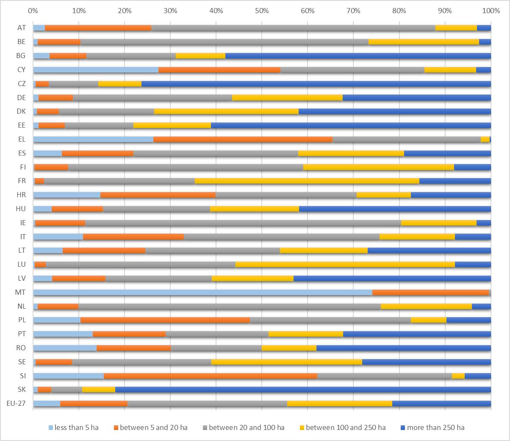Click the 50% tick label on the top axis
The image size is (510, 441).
(261, 9)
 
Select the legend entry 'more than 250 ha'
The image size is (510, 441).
(435, 427)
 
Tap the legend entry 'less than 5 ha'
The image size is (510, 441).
(76, 427)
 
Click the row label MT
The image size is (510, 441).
(20, 292)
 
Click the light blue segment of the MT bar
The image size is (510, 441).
(202, 292)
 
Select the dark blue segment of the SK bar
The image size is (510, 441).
(303, 389)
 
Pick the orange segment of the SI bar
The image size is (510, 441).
(210, 376)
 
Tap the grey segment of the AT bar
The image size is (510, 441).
(293, 28)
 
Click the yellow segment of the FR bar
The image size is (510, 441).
(307, 181)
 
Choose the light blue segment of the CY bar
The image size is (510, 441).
(96, 70)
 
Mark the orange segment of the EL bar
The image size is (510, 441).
(243, 139)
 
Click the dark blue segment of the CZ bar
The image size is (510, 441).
(316, 84)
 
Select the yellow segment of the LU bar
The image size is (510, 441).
(345, 265)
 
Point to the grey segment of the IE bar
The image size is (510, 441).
(243, 223)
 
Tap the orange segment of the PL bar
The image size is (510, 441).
(165, 320)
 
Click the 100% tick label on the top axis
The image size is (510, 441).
(490, 9)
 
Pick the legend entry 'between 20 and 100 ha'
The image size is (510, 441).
(247, 427)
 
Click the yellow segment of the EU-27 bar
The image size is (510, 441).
(339, 403)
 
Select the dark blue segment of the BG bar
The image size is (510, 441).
(358, 56)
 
